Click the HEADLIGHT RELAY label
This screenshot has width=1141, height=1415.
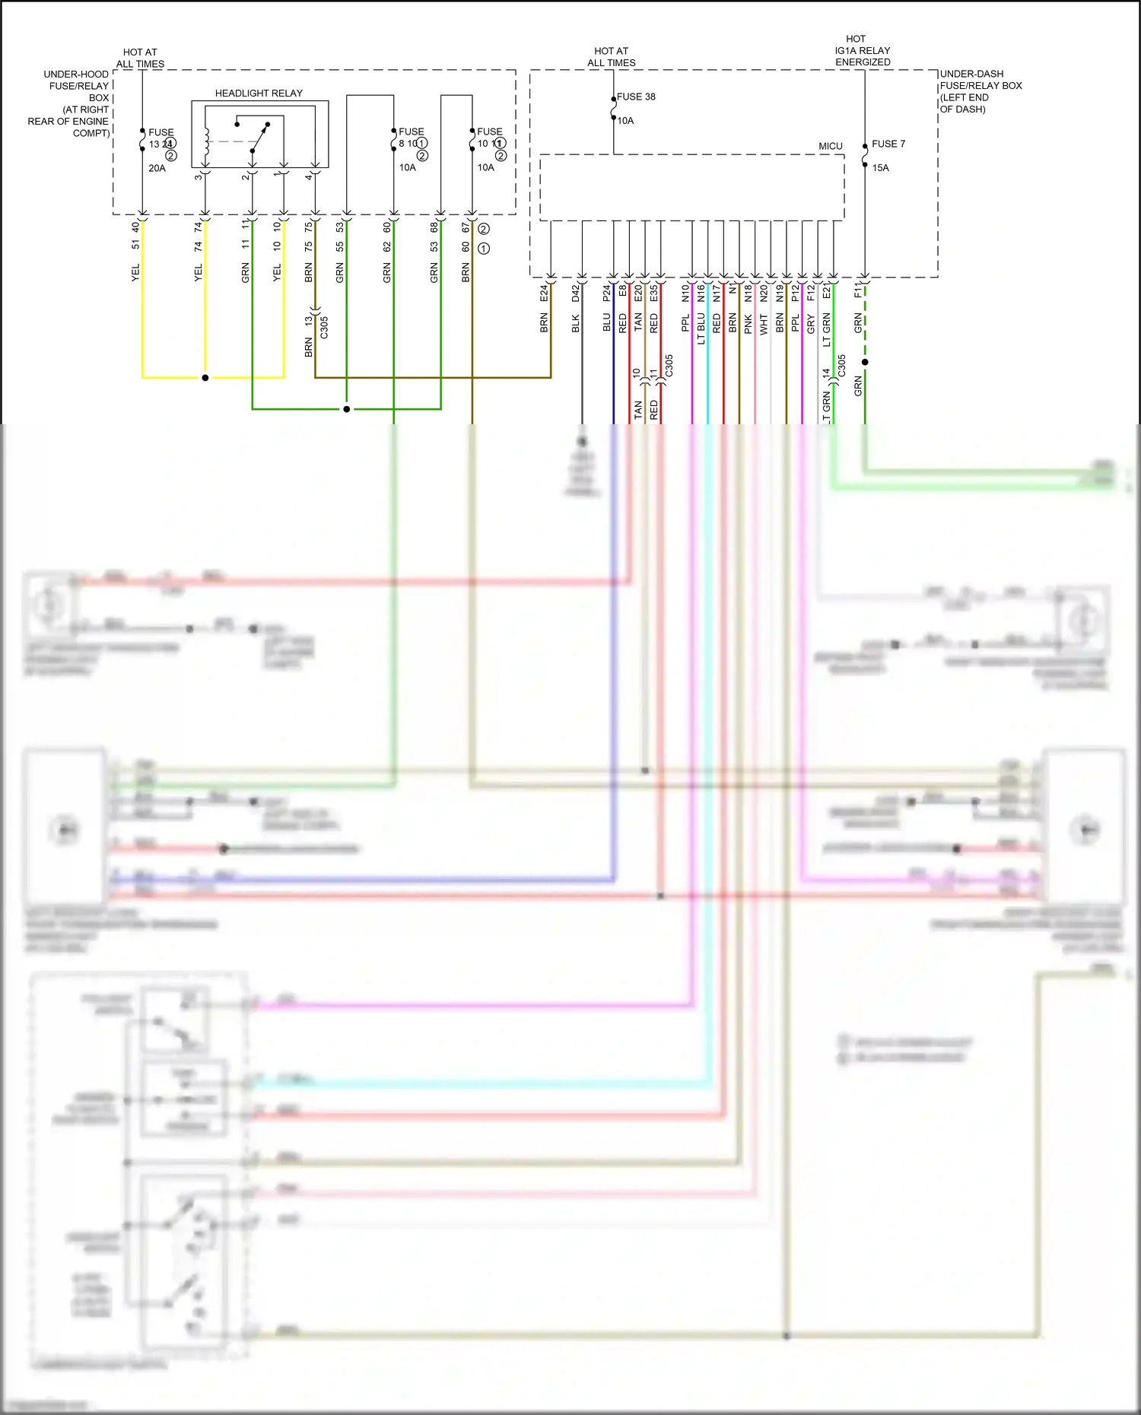[x=259, y=93]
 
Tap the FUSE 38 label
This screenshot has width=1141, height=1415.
[x=636, y=97]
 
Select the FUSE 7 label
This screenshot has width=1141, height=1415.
[x=888, y=143]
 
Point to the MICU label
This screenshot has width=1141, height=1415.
[x=830, y=146]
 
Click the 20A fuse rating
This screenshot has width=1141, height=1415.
[x=157, y=168]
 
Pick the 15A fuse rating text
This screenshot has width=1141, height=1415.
[x=880, y=167]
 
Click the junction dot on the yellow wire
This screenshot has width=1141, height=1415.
[x=205, y=377]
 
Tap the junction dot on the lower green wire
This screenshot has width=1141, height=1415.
[x=347, y=409]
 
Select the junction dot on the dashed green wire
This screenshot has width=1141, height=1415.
[x=865, y=362]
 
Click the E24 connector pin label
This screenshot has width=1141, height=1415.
[x=544, y=293]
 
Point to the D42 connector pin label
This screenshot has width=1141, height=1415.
[x=576, y=293]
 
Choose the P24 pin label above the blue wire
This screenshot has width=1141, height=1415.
[x=607, y=293]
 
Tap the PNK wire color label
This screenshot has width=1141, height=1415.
[x=748, y=325]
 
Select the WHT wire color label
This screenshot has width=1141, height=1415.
[x=764, y=325]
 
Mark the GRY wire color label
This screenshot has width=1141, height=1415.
[x=811, y=324]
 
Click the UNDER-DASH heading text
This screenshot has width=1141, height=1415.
[x=971, y=74]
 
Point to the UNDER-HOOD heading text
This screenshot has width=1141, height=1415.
[x=76, y=74]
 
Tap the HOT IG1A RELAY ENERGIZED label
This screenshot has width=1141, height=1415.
[x=862, y=50]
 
